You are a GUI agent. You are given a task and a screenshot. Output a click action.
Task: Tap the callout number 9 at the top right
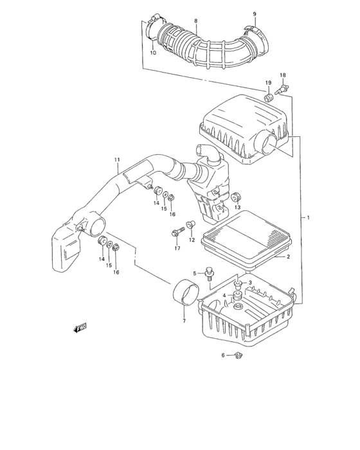[254, 14]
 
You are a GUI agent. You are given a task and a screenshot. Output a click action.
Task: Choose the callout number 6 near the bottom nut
[223, 355]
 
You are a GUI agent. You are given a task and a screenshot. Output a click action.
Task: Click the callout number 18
[282, 76]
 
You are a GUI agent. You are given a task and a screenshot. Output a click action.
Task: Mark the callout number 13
[237, 208]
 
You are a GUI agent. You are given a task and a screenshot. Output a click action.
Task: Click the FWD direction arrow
[80, 328]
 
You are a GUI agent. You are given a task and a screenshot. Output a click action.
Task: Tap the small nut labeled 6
[237, 355]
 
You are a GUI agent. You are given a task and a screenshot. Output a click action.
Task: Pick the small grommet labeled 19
[267, 98]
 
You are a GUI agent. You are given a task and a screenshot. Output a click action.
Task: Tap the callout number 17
[176, 248]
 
